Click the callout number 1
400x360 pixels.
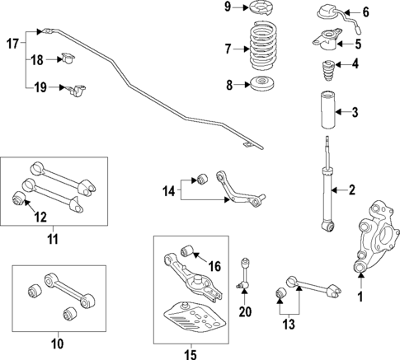(x=360, y=295)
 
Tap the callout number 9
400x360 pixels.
(x=228, y=8)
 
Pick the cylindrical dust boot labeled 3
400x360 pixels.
(x=327, y=113)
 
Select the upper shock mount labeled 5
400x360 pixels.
(x=327, y=37)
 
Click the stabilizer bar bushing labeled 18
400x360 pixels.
(x=67, y=58)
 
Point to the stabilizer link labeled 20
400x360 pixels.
(x=243, y=273)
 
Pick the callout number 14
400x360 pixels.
(x=168, y=192)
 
